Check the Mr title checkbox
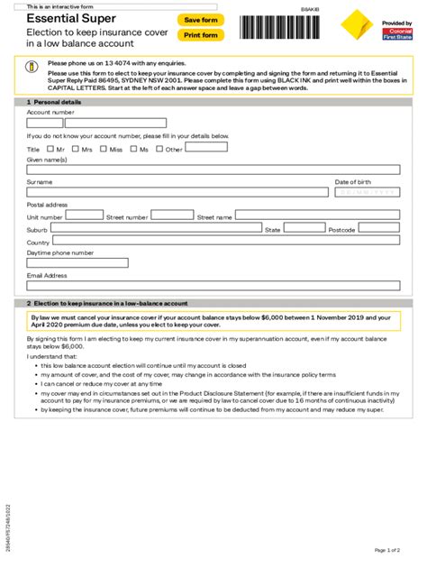tap(49, 149)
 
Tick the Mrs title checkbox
tap(76, 149)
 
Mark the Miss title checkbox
tap(104, 149)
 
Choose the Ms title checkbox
tap(133, 149)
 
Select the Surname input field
tap(177, 192)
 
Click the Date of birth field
tap(367, 192)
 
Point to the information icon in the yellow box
tap(31, 67)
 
